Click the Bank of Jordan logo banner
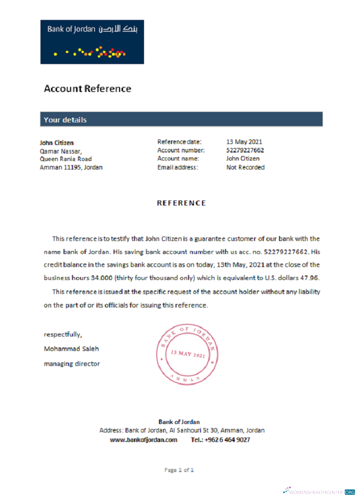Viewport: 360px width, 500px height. tap(92, 42)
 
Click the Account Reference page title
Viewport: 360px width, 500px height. tap(87, 89)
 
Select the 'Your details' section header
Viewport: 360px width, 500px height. tap(65, 120)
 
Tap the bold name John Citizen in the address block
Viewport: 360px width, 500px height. tap(56, 142)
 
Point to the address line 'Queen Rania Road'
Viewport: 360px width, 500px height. tap(65, 159)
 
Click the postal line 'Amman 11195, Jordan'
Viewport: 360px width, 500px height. tap(71, 167)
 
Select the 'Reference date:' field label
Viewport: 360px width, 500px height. tap(179, 142)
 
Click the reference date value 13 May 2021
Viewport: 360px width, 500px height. tap(244, 142)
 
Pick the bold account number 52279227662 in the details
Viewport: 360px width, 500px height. tap(245, 150)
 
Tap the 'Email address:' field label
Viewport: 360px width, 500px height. tap(177, 167)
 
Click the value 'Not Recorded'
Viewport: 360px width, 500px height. tap(245, 167)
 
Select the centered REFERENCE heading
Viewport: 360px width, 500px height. tap(181, 203)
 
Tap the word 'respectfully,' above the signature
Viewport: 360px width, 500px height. tap(63, 334)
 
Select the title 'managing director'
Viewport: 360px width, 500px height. tap(71, 363)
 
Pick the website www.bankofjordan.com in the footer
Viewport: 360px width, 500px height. tap(143, 440)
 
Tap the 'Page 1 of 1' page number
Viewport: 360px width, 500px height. tap(179, 470)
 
